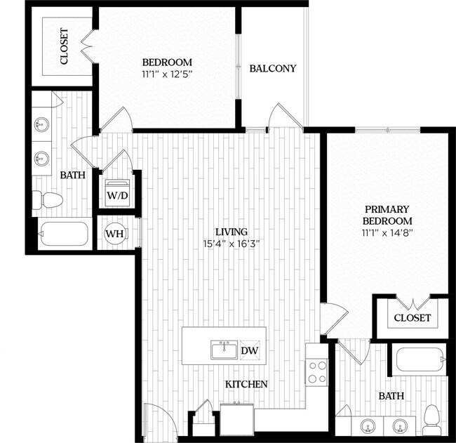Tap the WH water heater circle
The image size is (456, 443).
pyautogui.click(x=115, y=233)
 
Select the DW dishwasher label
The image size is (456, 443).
pyautogui.click(x=248, y=350)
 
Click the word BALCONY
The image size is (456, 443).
pyautogui.click(x=273, y=69)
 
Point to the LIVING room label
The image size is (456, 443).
pyautogui.click(x=232, y=232)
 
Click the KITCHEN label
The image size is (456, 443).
pyautogui.click(x=246, y=385)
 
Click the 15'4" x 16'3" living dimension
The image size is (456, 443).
pyautogui.click(x=232, y=244)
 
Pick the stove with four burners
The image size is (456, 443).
pyautogui.click(x=317, y=371)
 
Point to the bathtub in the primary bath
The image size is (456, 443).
pyautogui.click(x=419, y=361)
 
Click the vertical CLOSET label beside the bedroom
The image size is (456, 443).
pyautogui.click(x=64, y=46)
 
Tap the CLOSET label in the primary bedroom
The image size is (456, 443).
pyautogui.click(x=412, y=318)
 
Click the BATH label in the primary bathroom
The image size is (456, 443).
pyautogui.click(x=391, y=396)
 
